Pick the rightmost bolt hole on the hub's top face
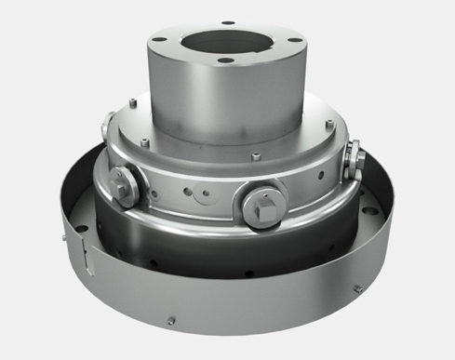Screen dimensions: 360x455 [x=291, y=39]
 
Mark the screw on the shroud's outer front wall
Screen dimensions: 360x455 [x=171, y=322]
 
